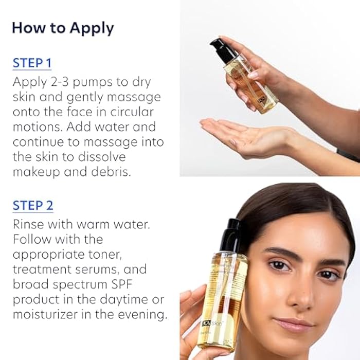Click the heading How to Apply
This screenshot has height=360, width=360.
point(63,28)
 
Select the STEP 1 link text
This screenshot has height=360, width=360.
point(32,64)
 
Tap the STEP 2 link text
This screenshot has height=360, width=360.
point(33,206)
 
